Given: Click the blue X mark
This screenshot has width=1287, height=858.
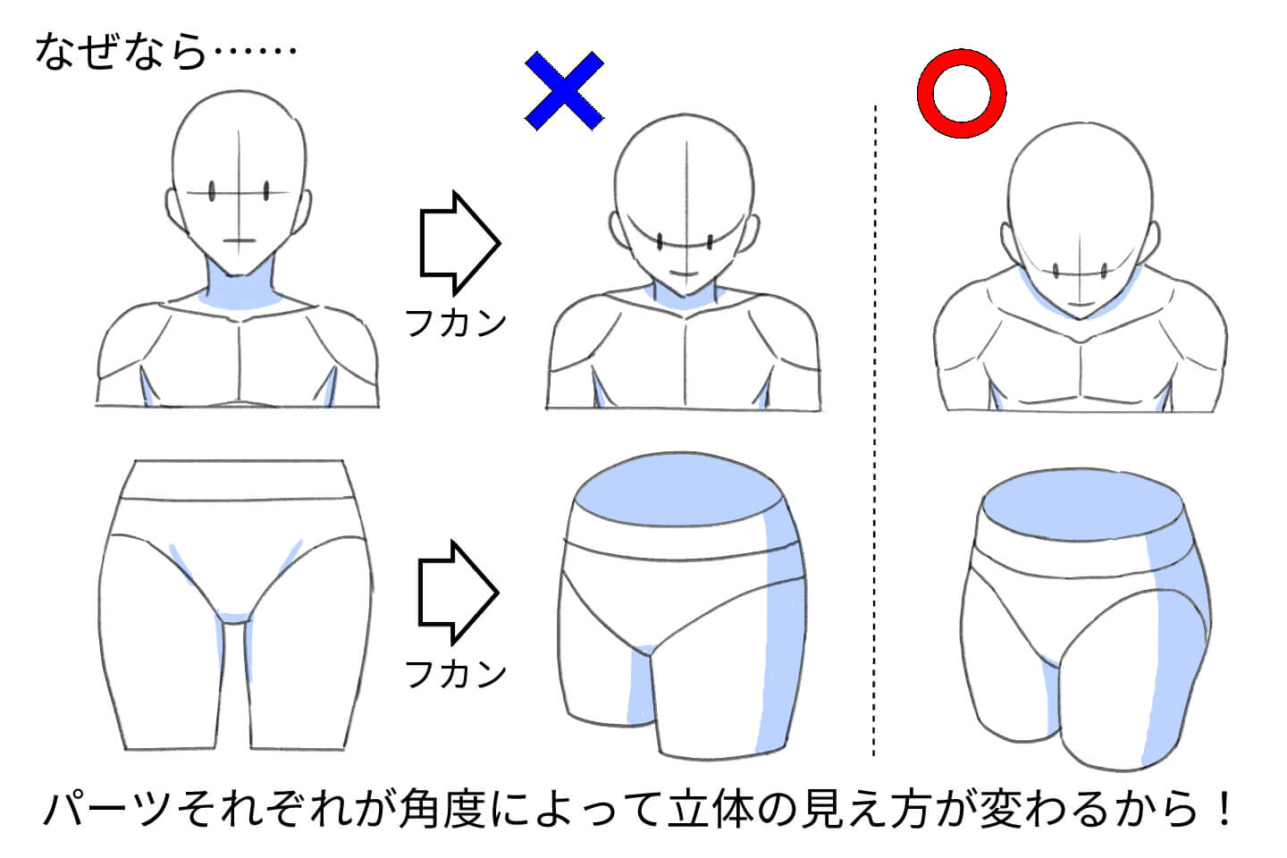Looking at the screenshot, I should tap(564, 91).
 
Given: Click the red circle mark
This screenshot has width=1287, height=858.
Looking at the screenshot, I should tap(962, 93).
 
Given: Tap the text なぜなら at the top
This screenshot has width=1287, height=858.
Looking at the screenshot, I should tap(121, 52).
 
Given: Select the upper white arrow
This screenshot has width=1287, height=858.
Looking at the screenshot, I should tap(458, 242).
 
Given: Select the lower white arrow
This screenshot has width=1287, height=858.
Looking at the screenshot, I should tap(458, 592).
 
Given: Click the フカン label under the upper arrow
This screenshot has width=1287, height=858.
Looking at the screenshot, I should tap(456, 323).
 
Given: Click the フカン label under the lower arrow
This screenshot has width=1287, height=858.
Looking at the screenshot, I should tap(456, 673).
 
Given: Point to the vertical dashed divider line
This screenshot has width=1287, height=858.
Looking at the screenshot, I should tap(875, 429).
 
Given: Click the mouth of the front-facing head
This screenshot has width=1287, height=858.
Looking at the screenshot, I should tap(240, 240).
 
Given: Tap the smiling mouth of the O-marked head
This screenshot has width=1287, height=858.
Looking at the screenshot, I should tap(1080, 306).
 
